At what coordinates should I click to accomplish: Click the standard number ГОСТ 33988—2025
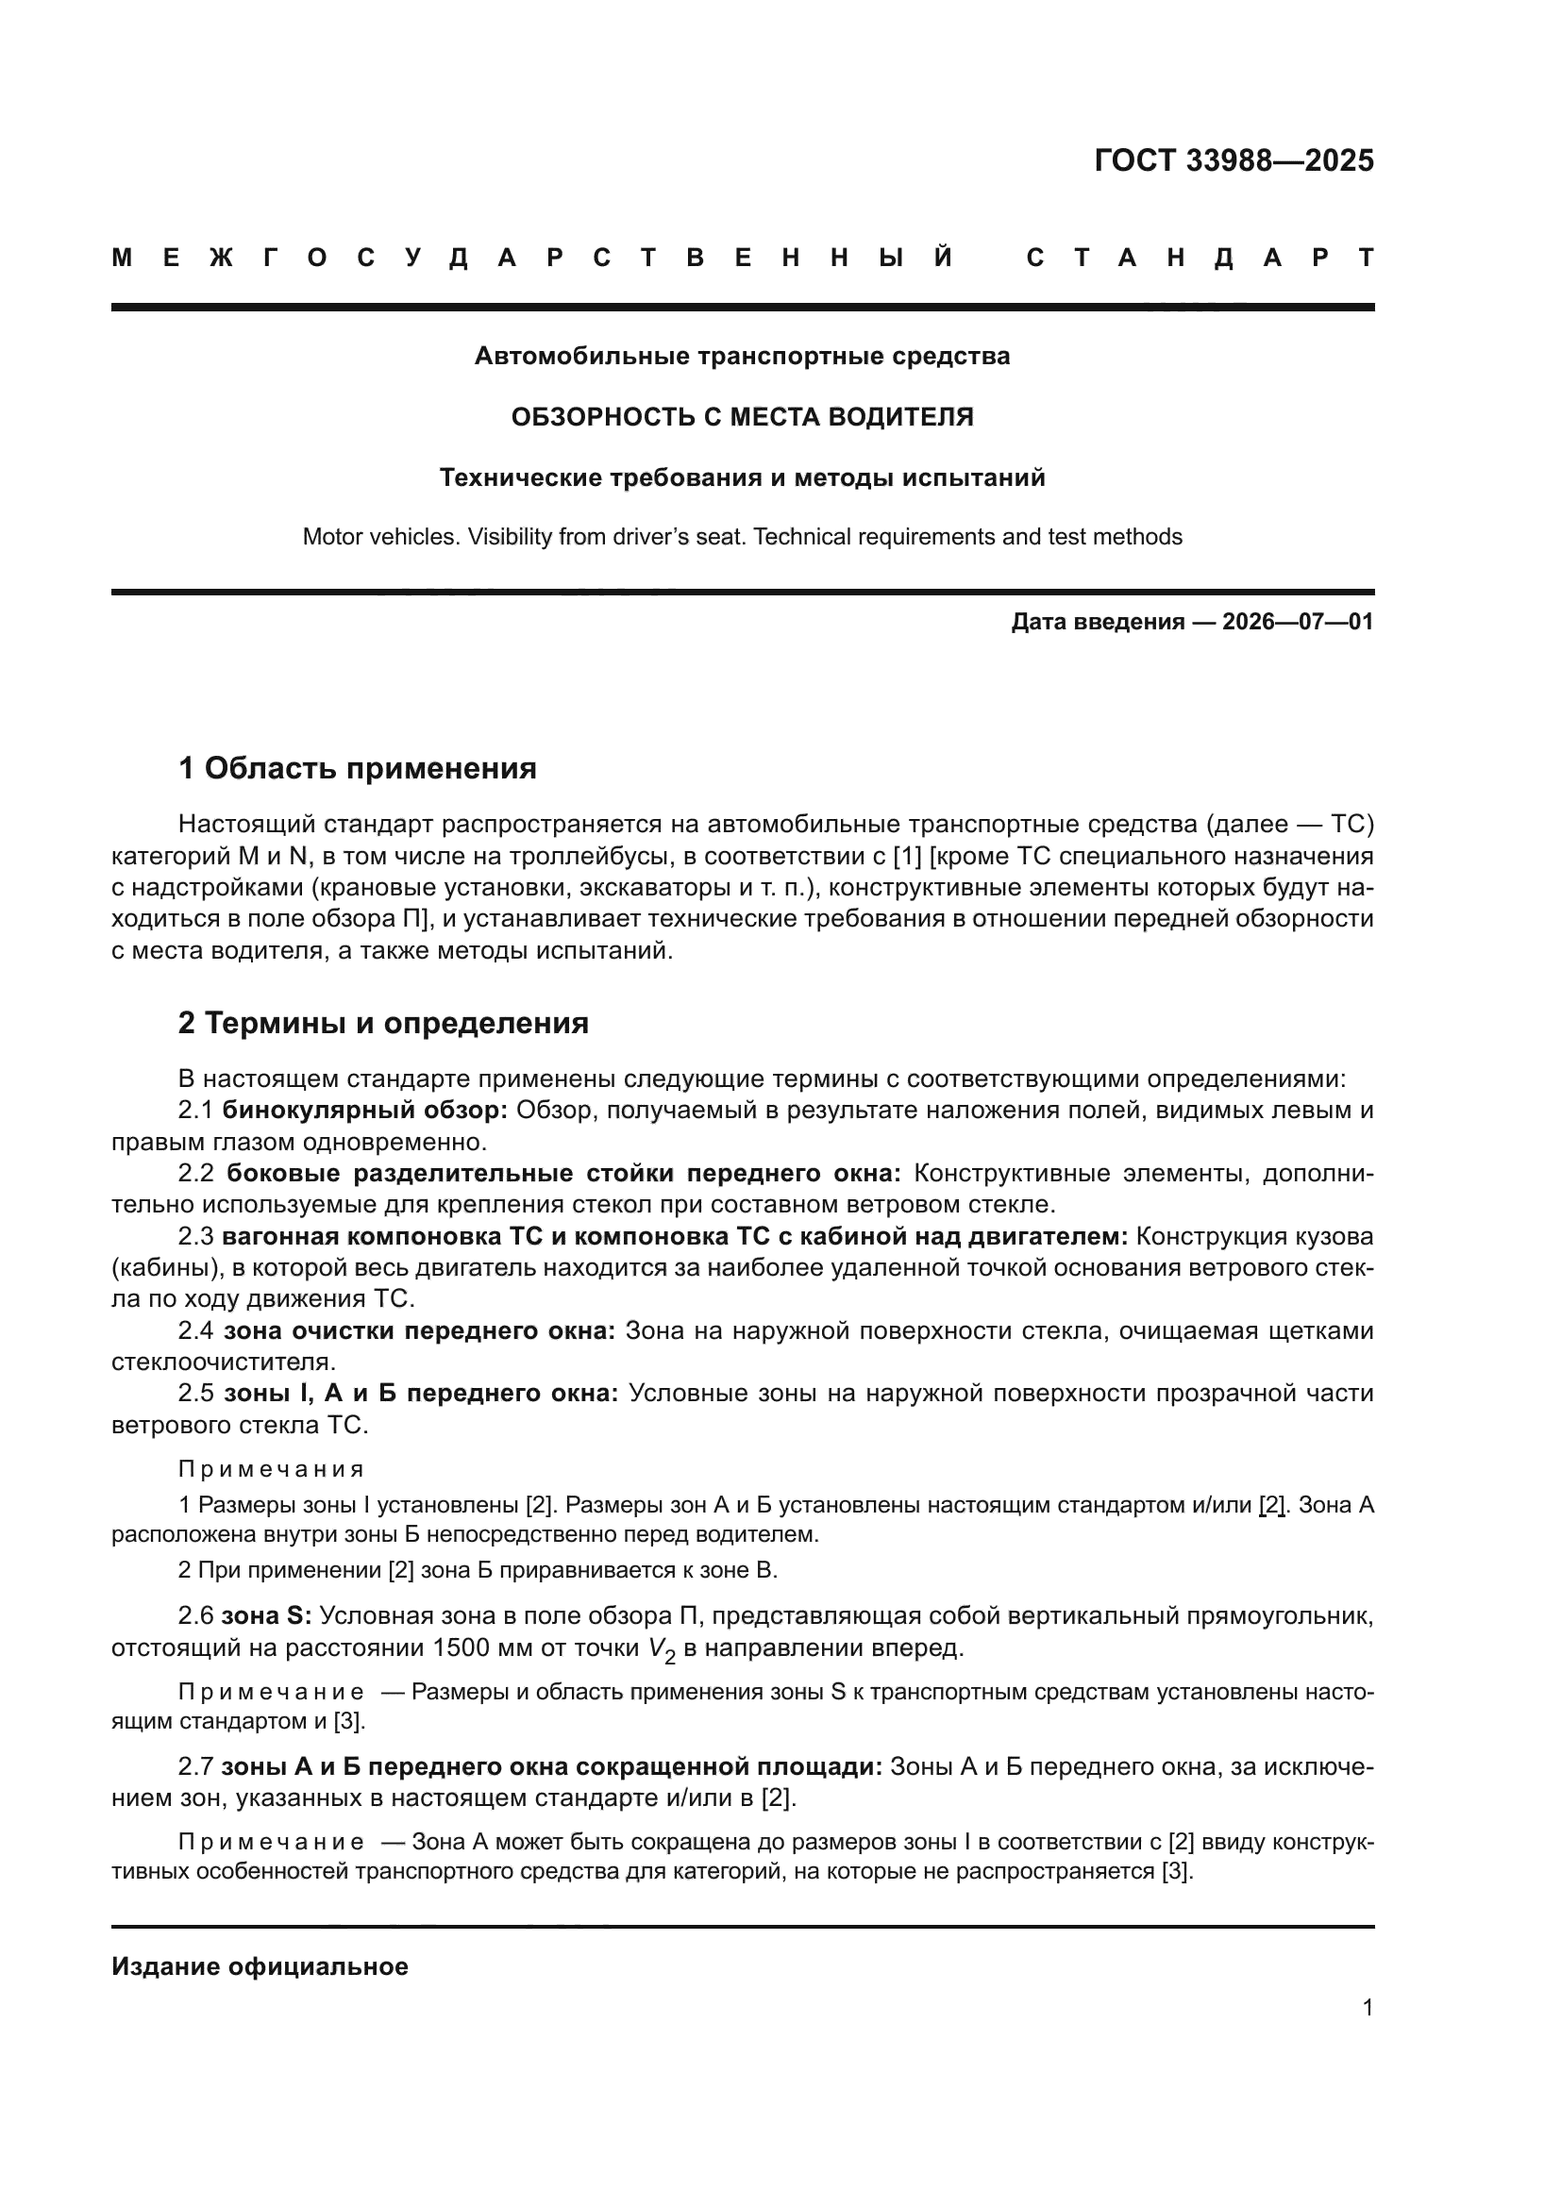[x=1234, y=160]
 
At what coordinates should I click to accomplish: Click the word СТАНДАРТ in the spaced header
[x=1200, y=258]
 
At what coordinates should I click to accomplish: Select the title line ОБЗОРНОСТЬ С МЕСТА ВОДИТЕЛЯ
[x=742, y=417]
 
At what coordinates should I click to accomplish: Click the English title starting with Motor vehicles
[x=742, y=536]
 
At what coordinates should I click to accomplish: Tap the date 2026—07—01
[x=1297, y=622]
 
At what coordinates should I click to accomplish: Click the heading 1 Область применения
[x=357, y=768]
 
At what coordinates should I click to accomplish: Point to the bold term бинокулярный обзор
[x=364, y=1111]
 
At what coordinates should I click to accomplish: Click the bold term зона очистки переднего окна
[x=419, y=1330]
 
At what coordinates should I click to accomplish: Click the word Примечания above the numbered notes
[x=271, y=1469]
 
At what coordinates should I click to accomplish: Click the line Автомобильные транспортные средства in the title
[x=742, y=357]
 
